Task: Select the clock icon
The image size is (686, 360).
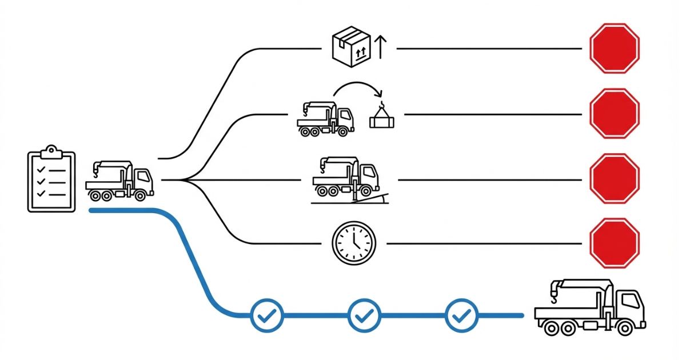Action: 354,243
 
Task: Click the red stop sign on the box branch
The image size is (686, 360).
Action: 614,48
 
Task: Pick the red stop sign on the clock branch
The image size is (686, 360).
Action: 614,243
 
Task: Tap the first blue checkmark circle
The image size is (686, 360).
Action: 267,315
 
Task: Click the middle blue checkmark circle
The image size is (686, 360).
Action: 364,315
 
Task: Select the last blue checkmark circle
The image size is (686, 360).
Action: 461,315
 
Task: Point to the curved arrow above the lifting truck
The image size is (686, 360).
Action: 357,87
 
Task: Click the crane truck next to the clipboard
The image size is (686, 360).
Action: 120,181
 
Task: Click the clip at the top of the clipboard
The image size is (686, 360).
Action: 51,150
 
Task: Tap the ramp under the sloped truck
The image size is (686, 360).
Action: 374,198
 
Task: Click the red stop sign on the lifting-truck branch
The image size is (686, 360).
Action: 614,113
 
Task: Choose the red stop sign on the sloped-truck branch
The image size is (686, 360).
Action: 614,178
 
